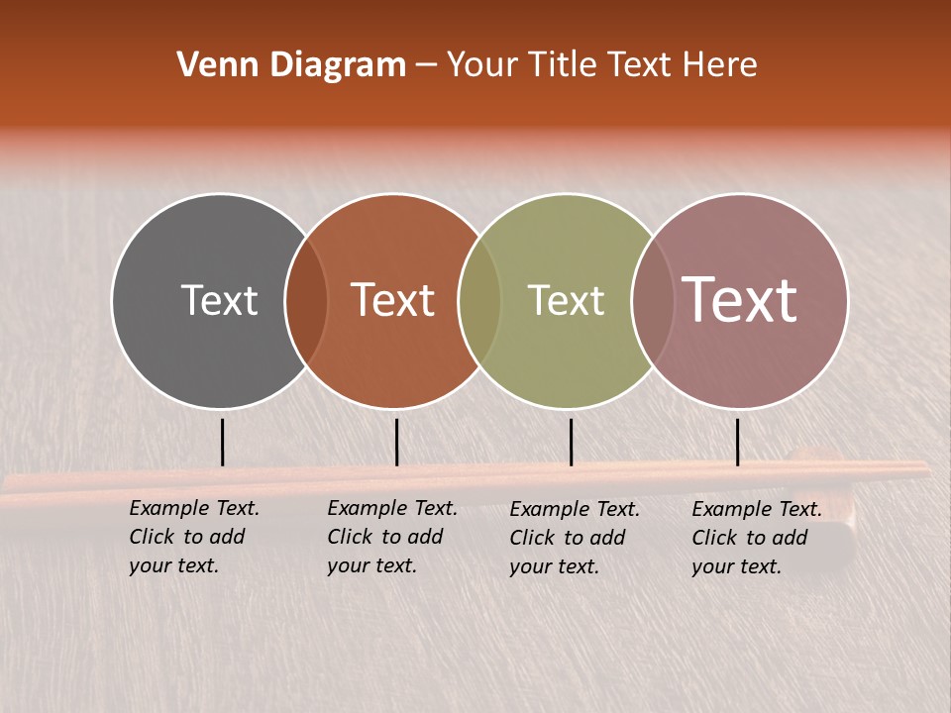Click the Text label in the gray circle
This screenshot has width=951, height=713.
tap(219, 300)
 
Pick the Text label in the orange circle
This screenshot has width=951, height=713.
tap(393, 300)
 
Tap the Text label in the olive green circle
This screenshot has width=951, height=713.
tap(566, 300)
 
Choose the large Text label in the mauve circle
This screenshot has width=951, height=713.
tap(740, 300)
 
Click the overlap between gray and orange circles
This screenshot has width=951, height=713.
tap(306, 300)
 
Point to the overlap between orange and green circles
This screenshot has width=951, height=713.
tap(479, 300)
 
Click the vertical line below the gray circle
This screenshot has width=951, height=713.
tap(223, 442)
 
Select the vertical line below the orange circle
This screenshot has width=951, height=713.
tap(396, 442)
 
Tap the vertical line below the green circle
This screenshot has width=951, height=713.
tap(571, 442)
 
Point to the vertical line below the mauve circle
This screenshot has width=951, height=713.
tap(737, 442)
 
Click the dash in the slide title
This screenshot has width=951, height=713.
tap(426, 65)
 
